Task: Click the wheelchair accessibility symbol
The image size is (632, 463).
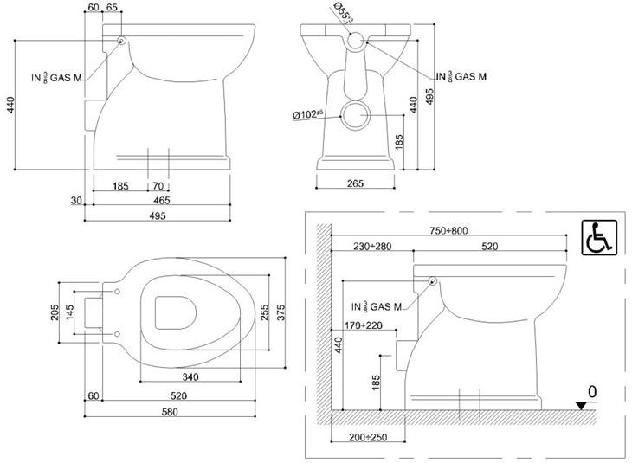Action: [598, 237]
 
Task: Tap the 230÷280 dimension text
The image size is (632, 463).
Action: [372, 247]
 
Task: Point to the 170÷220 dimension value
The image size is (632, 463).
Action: [361, 326]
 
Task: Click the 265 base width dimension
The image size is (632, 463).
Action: [355, 183]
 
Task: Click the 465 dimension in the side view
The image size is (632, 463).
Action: [161, 201]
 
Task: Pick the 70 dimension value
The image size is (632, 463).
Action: [158, 186]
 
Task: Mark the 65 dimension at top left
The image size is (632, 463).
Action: [112, 8]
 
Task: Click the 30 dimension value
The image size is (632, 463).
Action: [76, 201]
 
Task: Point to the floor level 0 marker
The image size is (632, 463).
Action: [592, 392]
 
